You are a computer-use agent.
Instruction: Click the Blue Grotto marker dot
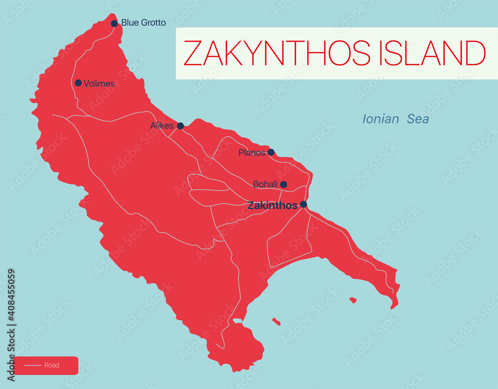coord(114,23)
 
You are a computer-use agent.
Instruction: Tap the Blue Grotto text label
coord(143,23)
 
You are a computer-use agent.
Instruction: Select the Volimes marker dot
coord(78,83)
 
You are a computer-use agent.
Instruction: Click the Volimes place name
coord(99,84)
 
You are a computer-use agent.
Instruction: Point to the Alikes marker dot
coord(180,126)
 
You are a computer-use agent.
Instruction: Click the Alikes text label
coord(162,126)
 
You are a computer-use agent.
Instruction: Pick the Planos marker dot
coord(271,152)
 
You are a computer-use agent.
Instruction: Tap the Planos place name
coord(251,153)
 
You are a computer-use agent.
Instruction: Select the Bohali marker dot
coord(283,184)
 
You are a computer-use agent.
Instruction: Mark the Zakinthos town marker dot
coord(303,204)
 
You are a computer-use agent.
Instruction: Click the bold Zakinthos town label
coord(272,205)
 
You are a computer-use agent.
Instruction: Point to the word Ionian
coord(380,119)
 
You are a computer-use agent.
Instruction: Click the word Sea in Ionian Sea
coord(418,119)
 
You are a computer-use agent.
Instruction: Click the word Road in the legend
coord(52,365)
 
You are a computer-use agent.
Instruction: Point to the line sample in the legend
coord(33,366)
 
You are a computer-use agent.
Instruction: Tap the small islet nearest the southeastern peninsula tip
coord(353,300)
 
